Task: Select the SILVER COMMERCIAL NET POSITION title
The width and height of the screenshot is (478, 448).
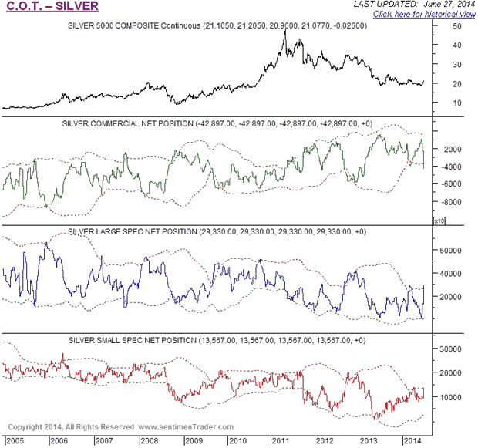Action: click(216, 123)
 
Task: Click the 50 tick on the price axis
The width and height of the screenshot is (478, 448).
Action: click(457, 26)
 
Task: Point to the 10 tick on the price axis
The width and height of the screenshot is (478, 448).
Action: click(457, 103)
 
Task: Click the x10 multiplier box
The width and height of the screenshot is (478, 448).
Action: click(440, 221)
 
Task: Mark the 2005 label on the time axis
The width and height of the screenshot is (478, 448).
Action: click(13, 440)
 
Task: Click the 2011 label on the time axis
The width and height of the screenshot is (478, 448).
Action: click(278, 440)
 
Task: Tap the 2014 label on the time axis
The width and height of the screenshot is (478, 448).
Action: click(411, 440)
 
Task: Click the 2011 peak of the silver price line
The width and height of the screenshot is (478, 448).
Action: click(285, 29)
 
